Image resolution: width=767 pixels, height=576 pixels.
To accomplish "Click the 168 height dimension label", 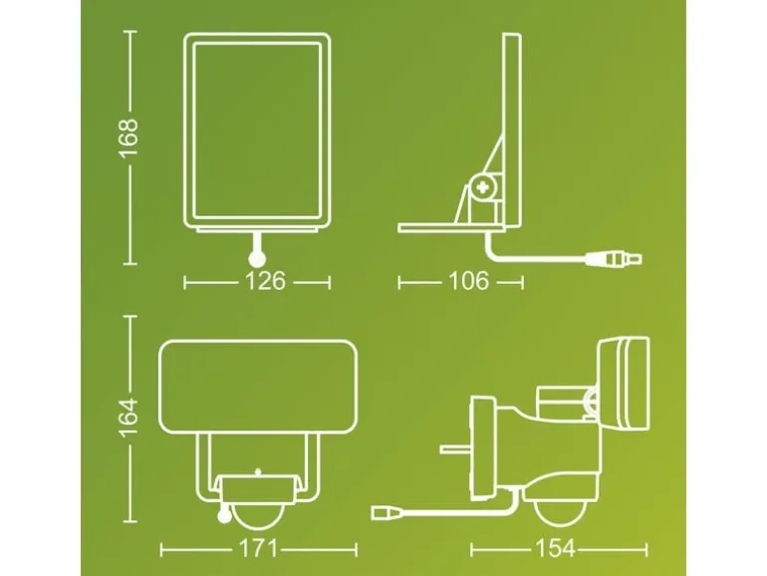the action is [129, 138].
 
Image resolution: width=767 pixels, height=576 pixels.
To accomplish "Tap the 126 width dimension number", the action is [265, 281].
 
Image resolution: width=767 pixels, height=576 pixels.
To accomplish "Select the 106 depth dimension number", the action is [468, 281].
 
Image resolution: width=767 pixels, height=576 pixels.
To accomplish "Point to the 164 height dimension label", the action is [129, 418].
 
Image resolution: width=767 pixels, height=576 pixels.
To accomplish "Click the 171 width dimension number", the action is [258, 548].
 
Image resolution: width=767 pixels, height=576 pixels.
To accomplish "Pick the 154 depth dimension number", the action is [556, 548].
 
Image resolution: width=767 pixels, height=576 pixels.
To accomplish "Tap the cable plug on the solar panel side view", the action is [615, 258].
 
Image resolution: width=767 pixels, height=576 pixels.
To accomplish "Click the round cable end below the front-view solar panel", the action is [257, 259].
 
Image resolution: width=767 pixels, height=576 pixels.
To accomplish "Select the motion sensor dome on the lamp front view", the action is [257, 516].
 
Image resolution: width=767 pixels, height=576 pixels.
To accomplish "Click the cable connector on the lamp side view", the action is [387, 512].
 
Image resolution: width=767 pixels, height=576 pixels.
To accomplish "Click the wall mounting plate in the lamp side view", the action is [483, 448].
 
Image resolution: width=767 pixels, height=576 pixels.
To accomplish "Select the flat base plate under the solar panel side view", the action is [450, 227].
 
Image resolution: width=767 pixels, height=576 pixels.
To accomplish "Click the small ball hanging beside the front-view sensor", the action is [225, 514].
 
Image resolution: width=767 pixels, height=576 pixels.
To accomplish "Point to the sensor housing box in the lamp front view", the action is [258, 488].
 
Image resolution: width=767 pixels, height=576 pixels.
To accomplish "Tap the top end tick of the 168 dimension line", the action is [130, 31].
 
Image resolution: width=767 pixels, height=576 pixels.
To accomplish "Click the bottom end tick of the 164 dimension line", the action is [130, 521].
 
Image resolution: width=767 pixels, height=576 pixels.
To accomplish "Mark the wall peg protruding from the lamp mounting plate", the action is [455, 448].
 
